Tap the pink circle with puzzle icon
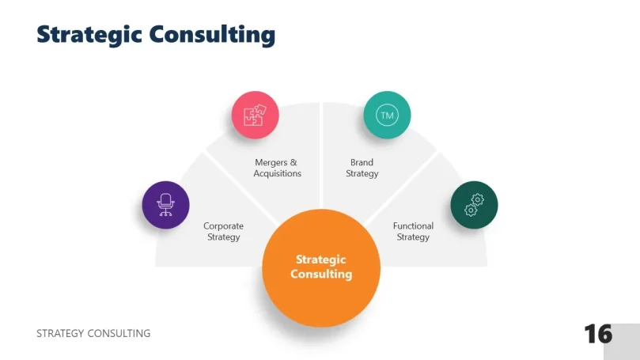[x=255, y=116]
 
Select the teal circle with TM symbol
[x=387, y=116]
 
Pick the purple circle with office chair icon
[x=165, y=205]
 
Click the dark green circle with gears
[x=474, y=205]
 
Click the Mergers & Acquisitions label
[x=278, y=168]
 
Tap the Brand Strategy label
[x=362, y=168]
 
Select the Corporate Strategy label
[x=223, y=231]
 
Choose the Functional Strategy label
[x=413, y=231]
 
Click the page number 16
[x=598, y=333]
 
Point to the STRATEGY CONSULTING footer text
[x=93, y=333]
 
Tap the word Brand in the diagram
[x=362, y=162]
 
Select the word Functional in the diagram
[x=413, y=225]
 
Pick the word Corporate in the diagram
[x=223, y=225]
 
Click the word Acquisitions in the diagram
[x=278, y=173]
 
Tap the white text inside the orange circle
[x=321, y=267]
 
